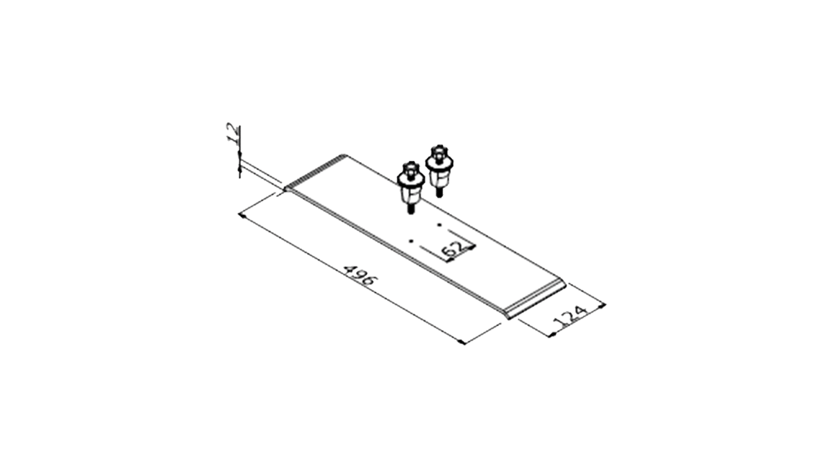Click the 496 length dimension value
360,275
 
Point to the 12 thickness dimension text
233,134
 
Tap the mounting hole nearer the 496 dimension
411,241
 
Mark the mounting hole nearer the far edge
439,225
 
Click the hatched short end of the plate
315,173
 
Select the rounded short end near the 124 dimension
535,299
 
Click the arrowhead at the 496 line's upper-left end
242,216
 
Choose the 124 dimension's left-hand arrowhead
553,334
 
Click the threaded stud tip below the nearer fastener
410,209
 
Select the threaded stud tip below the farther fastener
439,193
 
